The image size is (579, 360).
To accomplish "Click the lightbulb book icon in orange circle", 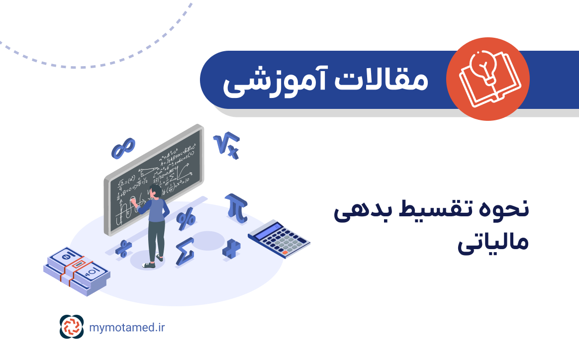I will tap(487, 79).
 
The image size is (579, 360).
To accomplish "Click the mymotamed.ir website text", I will tap(127, 327).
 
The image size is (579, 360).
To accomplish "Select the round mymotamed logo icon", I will tap(73, 327).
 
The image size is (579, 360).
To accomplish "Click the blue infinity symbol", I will tap(123, 147).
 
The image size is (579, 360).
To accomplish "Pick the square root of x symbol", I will tap(226, 144).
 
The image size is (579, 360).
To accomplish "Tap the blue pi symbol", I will tap(236, 207).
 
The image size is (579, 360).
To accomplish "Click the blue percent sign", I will tap(186, 219).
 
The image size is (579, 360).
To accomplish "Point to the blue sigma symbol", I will tap(185, 251).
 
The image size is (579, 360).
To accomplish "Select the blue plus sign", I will tap(231, 248).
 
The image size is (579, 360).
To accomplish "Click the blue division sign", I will tap(124, 248).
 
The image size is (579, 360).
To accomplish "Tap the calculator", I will tap(279, 238).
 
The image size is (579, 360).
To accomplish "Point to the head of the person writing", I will tap(155, 190).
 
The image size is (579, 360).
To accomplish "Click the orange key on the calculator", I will tap(285, 253).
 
